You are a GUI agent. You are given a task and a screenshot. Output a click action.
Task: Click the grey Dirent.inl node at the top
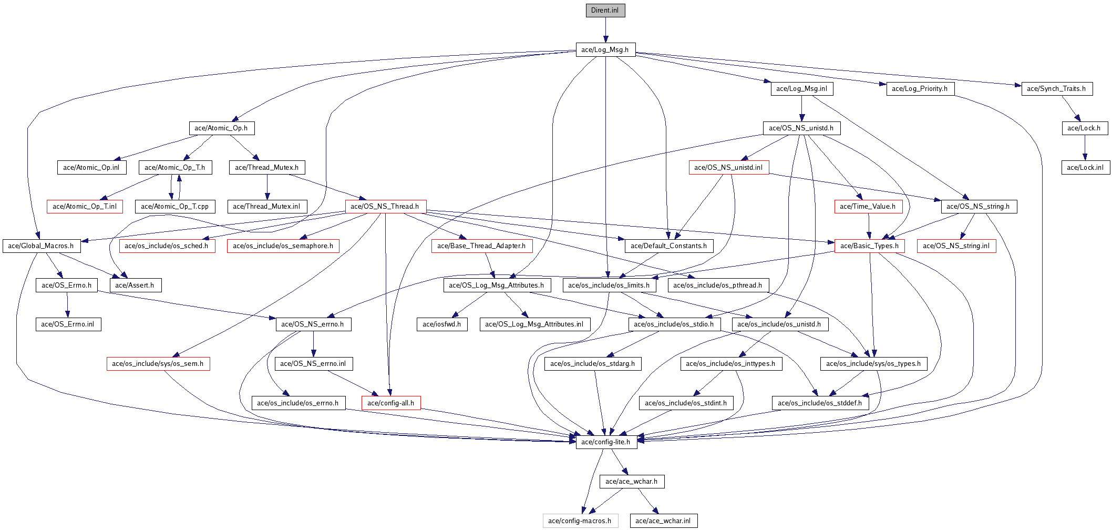(x=605, y=11)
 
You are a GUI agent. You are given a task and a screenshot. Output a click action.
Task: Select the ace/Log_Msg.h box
(x=605, y=49)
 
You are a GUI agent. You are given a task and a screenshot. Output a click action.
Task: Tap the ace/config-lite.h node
(x=606, y=442)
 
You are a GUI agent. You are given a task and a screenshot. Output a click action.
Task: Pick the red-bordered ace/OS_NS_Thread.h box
(x=385, y=207)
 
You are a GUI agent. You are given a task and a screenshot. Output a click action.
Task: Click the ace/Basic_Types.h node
(x=870, y=246)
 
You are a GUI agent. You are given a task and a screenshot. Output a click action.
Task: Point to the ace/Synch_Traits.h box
(x=1057, y=89)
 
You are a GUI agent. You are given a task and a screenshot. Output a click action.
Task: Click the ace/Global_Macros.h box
(x=41, y=246)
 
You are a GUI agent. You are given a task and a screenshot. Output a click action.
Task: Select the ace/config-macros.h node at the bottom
(x=580, y=521)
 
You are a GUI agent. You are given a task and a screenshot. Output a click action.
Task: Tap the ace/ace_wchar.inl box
(x=664, y=521)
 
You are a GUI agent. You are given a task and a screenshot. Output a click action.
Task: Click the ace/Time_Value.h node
(x=868, y=207)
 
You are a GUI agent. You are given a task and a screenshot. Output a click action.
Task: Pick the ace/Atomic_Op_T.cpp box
(x=175, y=207)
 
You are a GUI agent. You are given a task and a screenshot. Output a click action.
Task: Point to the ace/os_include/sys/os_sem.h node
(x=158, y=364)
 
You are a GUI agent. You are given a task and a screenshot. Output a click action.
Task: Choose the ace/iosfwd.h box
(x=442, y=324)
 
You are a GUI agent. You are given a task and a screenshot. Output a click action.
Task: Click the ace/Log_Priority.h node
(x=920, y=89)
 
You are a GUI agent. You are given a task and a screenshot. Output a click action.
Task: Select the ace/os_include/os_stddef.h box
(x=820, y=403)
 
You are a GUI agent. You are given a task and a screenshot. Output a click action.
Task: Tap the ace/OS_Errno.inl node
(x=68, y=324)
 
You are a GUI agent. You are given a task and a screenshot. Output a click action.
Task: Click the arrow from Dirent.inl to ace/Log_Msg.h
(x=605, y=30)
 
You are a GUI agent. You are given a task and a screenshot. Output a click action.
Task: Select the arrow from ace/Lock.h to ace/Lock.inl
(x=1085, y=148)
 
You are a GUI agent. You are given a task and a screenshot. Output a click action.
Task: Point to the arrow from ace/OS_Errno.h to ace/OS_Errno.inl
(x=67, y=305)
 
